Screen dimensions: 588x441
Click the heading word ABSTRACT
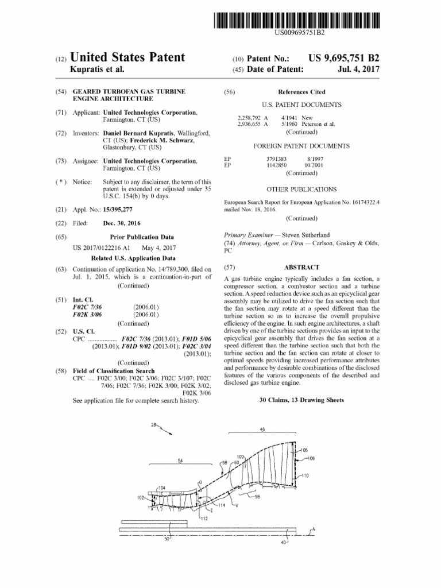tap(301, 268)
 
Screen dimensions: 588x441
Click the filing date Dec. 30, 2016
tap(122, 223)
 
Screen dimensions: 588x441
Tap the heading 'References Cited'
tap(301, 92)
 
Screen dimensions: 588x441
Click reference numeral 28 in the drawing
tap(154, 425)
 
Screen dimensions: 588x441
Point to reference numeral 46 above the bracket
tap(262, 429)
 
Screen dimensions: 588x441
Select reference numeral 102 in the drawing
tap(141, 498)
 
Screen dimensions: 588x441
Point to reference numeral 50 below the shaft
tap(167, 538)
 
